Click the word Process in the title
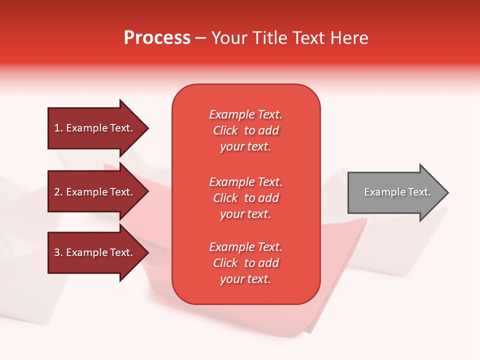point(157,38)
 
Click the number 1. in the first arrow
point(58,128)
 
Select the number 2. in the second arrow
point(58,192)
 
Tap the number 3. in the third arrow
point(58,252)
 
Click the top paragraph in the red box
point(245,130)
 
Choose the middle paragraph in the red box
point(245,198)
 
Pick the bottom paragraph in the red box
point(245,263)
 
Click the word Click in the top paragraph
point(225,130)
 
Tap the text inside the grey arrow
point(397,192)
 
